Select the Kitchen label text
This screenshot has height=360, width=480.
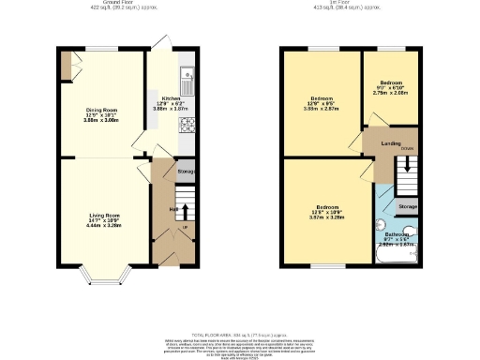[x=171, y=97]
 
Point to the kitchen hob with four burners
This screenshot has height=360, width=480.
[x=187, y=125]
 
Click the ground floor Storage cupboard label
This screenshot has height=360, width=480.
[x=187, y=172]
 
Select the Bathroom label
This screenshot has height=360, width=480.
[x=396, y=235]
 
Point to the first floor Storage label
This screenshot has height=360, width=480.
[x=406, y=205]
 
